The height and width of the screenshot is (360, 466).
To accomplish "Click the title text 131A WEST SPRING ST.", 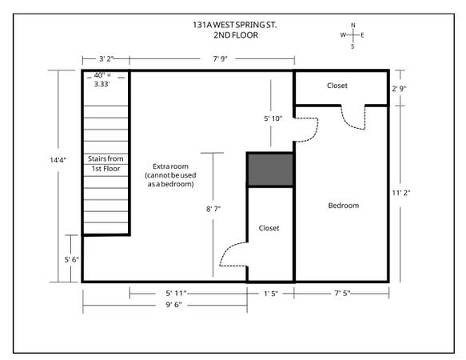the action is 234,25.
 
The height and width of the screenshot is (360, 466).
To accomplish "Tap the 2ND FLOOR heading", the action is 236,35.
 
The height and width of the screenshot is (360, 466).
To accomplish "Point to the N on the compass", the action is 353,26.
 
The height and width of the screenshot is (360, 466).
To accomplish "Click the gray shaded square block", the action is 270,170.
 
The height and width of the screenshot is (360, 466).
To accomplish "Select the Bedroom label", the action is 344,206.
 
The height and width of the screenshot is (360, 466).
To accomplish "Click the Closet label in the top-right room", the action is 337,86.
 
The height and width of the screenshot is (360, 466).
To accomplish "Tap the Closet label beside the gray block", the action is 269,228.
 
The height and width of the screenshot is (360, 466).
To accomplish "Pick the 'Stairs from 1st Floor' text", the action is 106,164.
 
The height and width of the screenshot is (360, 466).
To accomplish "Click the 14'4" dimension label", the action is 58,160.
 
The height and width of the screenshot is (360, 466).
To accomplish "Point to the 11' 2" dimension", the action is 401,193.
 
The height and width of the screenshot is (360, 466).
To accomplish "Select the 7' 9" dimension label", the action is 220,59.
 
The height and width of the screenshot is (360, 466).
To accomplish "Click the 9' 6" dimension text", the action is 173,305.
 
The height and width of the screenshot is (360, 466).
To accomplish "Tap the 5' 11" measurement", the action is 176,294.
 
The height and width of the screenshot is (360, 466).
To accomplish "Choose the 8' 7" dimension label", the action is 213,209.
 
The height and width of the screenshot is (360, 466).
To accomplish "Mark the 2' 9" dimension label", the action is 399,88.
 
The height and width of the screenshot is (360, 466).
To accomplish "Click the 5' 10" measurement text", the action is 273,118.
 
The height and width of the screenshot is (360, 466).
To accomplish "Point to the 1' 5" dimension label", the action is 271,294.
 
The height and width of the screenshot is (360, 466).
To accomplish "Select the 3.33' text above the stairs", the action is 102,84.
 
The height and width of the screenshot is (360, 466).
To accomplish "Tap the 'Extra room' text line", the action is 170,166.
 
